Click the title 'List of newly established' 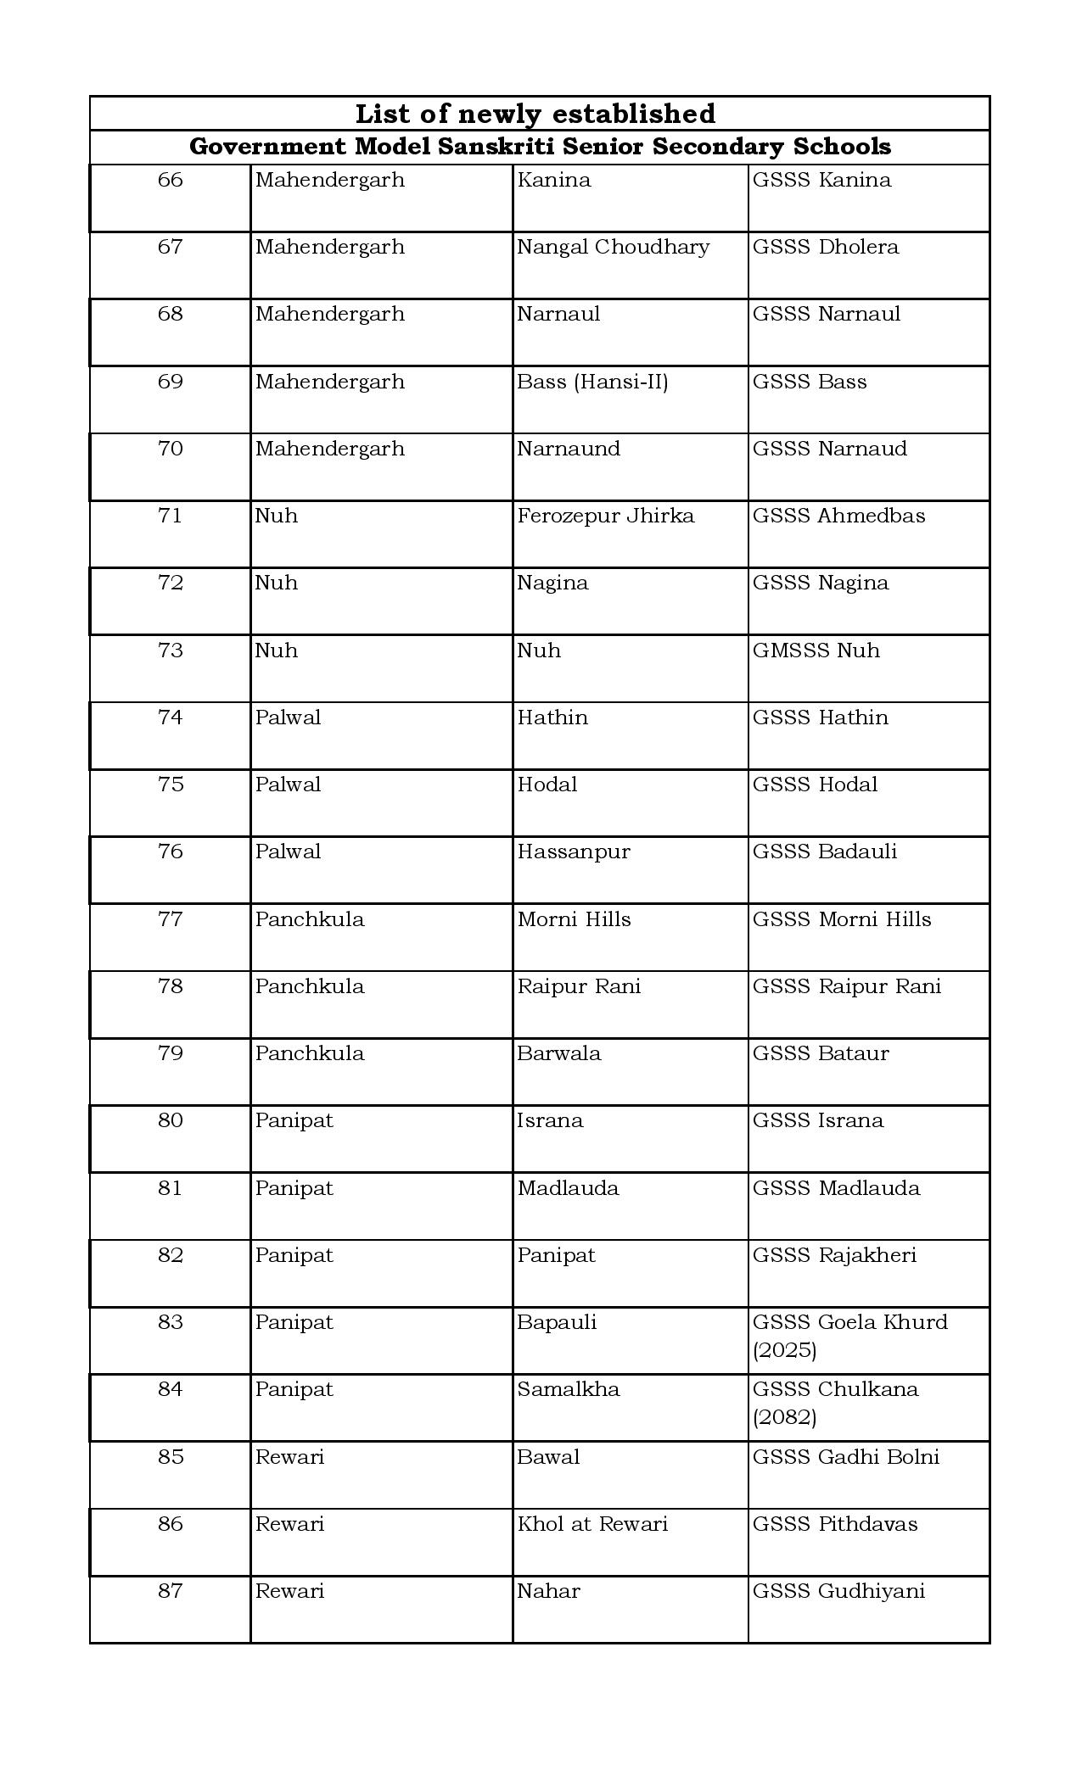click(x=535, y=114)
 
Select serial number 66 click(x=171, y=180)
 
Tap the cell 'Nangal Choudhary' click(x=613, y=247)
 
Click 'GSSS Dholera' click(x=825, y=247)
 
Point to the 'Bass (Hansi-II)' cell click(x=592, y=382)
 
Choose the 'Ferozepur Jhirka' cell click(x=605, y=516)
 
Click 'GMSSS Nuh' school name click(x=816, y=650)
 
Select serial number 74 click(x=171, y=717)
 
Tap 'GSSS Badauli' click(x=824, y=851)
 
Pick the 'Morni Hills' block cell click(x=574, y=919)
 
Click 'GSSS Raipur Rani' click(x=846, y=986)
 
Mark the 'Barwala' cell click(x=558, y=1053)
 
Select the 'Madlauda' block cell click(x=568, y=1188)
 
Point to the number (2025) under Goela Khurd click(x=784, y=1350)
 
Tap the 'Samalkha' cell click(x=569, y=1389)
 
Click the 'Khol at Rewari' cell click(x=592, y=1524)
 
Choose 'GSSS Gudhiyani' click(x=838, y=1591)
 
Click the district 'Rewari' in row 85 click(x=289, y=1457)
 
